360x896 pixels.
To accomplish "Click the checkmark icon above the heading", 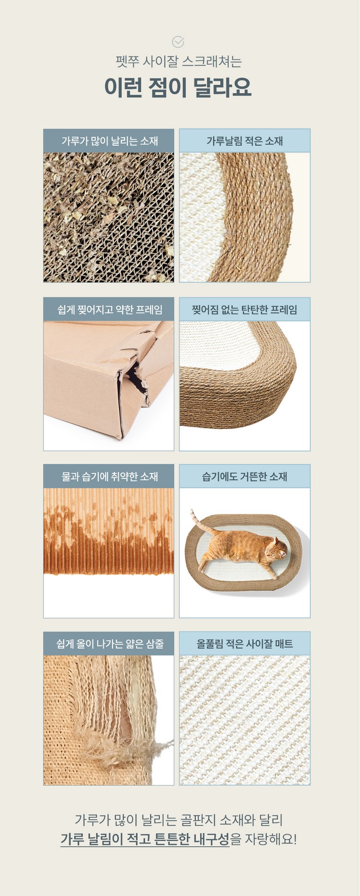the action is (178, 42).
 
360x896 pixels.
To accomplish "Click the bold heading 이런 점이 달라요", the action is (178, 87).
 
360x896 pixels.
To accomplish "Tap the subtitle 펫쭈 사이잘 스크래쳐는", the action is (179, 62).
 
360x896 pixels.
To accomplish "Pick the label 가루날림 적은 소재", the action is (245, 141).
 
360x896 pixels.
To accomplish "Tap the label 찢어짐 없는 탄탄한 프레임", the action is (245, 310).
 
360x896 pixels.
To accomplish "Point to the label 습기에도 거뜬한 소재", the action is (245, 476).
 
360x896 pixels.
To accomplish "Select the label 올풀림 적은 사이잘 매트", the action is (245, 644).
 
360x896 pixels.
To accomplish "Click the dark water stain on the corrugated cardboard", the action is (108, 547).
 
